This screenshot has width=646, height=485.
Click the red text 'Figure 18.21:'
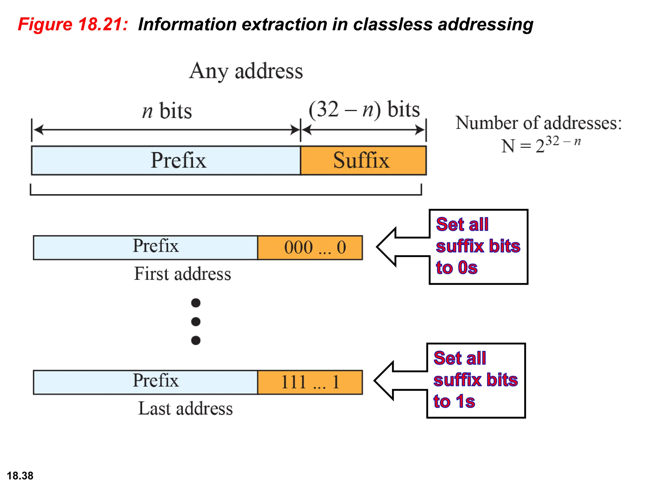point(73,24)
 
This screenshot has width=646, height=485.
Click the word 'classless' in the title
point(392,24)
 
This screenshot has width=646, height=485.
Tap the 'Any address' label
point(246,71)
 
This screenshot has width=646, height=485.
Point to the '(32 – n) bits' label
point(364,110)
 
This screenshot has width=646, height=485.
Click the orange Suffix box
point(363,160)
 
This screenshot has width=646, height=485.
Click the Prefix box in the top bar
point(166,160)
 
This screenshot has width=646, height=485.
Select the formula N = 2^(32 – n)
point(541,145)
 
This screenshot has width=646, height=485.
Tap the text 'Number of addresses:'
point(538,123)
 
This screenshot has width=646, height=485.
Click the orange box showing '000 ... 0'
point(310,248)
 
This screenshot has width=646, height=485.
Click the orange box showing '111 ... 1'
point(310,382)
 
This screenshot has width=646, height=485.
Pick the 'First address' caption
point(182,274)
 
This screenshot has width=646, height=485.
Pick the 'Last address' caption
point(185,409)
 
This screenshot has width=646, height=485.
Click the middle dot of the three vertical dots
point(196,322)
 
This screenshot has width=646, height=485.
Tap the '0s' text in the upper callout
point(467,268)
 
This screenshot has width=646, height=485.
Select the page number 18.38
point(20,476)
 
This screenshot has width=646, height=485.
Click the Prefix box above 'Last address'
point(145,382)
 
